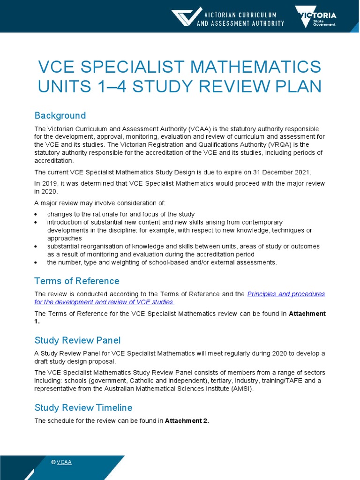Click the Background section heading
[60, 115]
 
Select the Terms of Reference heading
[77, 281]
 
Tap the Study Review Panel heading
[77, 340]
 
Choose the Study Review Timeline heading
[83, 407]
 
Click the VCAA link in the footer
[64, 462]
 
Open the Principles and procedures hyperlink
[285, 294]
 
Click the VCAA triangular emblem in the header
[187, 16]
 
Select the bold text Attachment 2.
[187, 420]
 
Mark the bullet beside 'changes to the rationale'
[37, 214]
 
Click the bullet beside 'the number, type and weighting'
[37, 262]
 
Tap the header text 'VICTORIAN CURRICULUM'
[240, 15]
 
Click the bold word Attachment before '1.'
[307, 314]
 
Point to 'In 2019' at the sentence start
[46, 184]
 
